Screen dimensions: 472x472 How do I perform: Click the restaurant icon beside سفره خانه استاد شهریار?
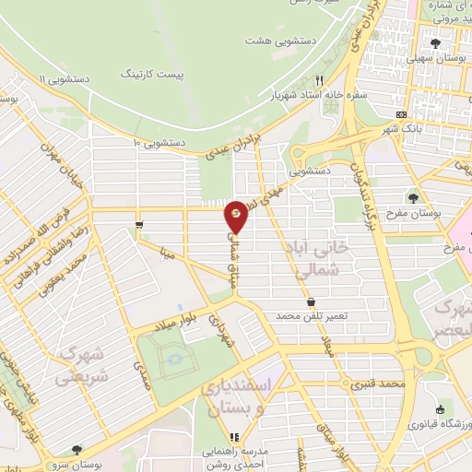point(320,80)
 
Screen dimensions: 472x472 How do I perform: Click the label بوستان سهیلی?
point(436,57)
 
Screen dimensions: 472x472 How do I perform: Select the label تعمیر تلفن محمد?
point(311,315)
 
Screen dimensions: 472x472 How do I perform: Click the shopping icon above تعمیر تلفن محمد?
point(311,301)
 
